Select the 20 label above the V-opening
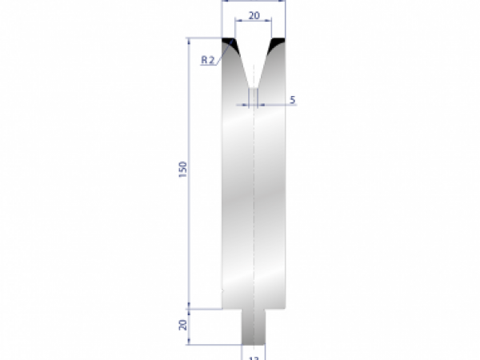(254, 14)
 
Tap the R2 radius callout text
(206, 60)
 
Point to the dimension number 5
(292, 100)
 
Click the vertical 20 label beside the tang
(183, 325)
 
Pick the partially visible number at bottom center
(254, 357)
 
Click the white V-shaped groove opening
(254, 60)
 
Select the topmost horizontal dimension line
(254, 2)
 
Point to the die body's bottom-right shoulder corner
(286, 308)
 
